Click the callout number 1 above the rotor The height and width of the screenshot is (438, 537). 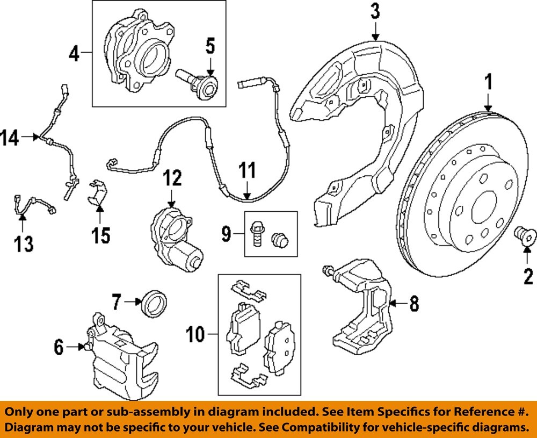(x=488, y=83)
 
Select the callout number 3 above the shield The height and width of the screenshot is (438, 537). (x=375, y=11)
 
